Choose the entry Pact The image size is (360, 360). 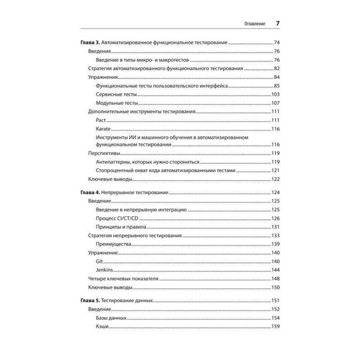(x=100, y=120)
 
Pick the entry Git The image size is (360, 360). (x=99, y=261)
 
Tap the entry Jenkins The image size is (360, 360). (x=104, y=270)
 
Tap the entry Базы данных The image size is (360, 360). (x=111, y=318)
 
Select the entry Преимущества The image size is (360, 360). (x=113, y=244)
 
